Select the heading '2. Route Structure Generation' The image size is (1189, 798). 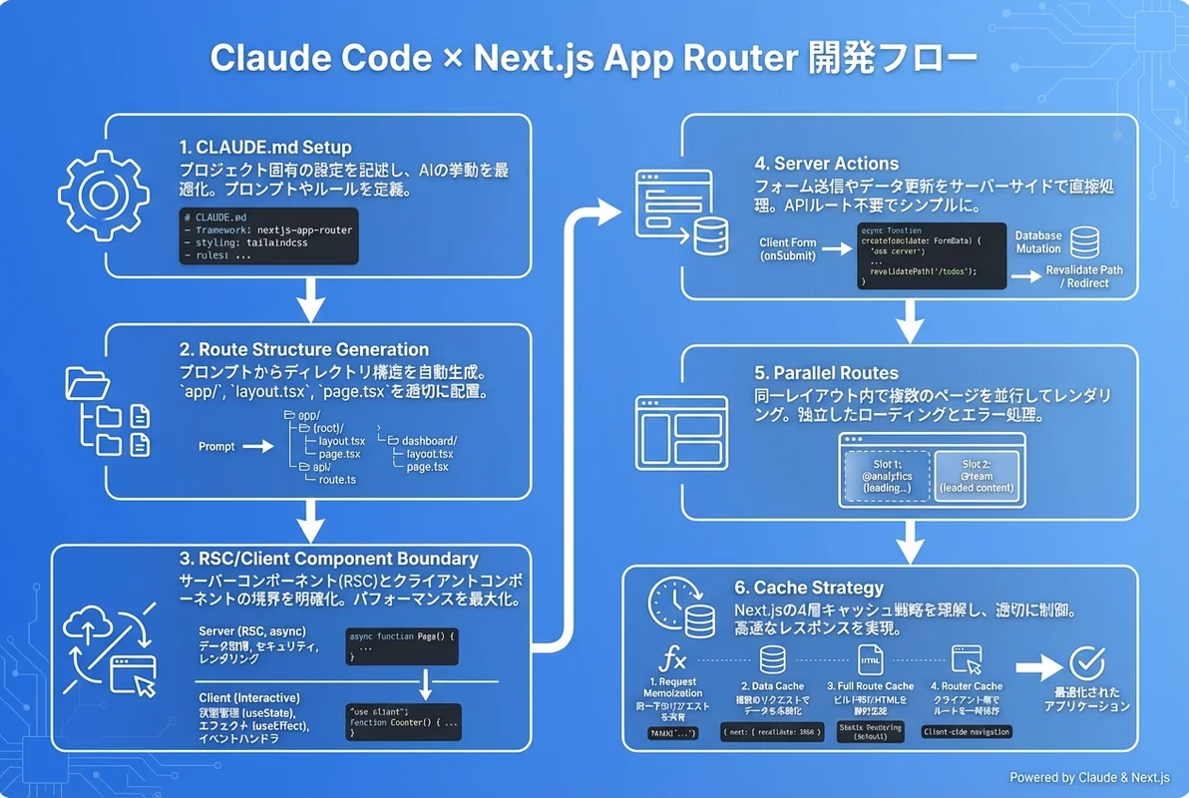point(304,349)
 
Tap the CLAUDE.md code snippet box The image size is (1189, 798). point(267,236)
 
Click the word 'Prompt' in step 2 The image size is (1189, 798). point(216,447)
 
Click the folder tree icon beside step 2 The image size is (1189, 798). point(107,412)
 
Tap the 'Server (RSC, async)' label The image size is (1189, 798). point(252,631)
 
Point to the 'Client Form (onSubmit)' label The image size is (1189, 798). point(789,249)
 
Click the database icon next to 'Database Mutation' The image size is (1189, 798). point(1083,242)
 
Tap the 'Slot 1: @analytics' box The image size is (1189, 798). point(886,476)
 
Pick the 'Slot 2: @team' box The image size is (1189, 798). point(977,476)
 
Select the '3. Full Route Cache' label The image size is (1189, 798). point(871,686)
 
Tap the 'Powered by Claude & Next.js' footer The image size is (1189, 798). point(1089,778)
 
